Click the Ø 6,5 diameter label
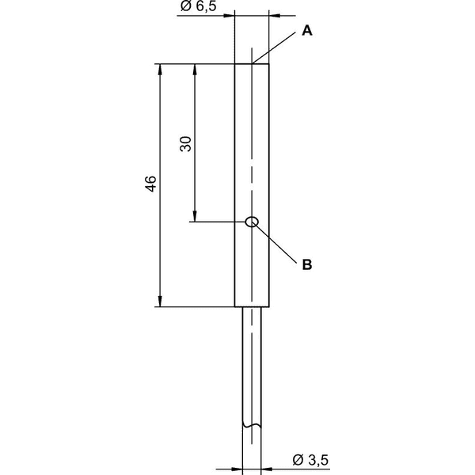tap(199, 6)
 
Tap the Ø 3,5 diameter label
tap(310, 460)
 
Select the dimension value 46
tap(151, 184)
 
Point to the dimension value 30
tap(186, 144)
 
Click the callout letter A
tap(307, 31)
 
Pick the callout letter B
tap(307, 264)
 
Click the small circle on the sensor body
tap(252, 222)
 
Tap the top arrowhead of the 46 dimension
tap(160, 70)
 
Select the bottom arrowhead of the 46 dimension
tap(160, 301)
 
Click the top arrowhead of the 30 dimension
tap(195, 70)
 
